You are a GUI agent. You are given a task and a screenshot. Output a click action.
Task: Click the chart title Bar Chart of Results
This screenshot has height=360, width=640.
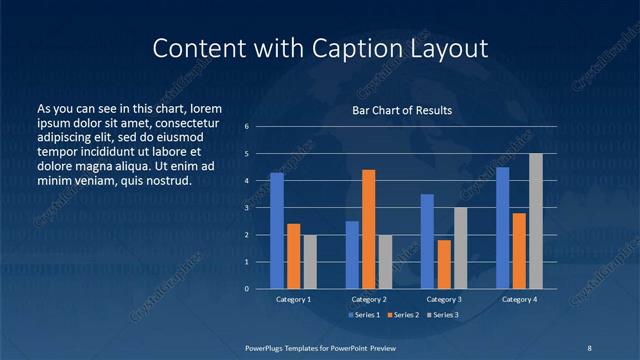(402, 110)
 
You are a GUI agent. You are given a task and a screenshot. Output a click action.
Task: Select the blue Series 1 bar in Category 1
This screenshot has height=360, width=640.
(277, 231)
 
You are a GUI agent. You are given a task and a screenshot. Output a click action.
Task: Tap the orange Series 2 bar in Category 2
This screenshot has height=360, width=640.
(368, 229)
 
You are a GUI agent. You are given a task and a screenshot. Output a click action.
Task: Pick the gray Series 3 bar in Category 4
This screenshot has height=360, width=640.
(536, 221)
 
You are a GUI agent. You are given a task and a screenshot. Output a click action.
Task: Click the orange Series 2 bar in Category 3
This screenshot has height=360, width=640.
(444, 264)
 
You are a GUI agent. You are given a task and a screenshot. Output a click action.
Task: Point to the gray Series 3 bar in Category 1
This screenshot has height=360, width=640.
(310, 262)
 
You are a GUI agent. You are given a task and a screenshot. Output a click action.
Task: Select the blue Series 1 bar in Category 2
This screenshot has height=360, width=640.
(352, 255)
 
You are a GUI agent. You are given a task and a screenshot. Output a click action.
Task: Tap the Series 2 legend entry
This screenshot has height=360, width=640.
(404, 315)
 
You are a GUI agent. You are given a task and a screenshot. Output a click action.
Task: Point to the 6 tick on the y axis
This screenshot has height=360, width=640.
(246, 127)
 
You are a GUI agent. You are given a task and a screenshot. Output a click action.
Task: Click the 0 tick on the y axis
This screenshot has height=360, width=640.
(246, 289)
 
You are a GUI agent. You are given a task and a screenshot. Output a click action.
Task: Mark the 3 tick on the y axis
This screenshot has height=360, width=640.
(246, 208)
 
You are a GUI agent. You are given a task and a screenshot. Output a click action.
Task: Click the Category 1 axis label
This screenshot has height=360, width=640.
(293, 299)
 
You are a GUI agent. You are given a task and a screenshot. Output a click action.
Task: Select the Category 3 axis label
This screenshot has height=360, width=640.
(444, 299)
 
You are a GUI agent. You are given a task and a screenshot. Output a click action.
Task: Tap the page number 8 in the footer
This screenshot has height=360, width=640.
(589, 346)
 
